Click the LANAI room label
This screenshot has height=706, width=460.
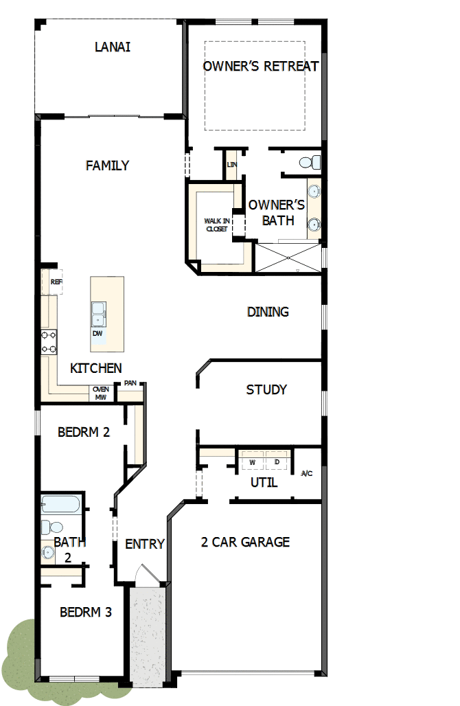pyautogui.click(x=113, y=47)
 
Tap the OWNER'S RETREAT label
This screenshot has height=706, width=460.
pyautogui.click(x=261, y=66)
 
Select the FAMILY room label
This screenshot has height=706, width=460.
pyautogui.click(x=107, y=166)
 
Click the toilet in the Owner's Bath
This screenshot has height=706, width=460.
pyautogui.click(x=310, y=163)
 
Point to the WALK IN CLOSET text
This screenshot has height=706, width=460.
pyautogui.click(x=216, y=225)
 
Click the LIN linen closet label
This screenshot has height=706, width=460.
pyautogui.click(x=231, y=165)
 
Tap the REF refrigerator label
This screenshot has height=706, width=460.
pyautogui.click(x=56, y=282)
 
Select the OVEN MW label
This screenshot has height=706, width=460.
pyautogui.click(x=100, y=393)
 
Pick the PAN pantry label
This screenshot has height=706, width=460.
pyautogui.click(x=130, y=384)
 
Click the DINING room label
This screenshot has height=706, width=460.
pyautogui.click(x=268, y=312)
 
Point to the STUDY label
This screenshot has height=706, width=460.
pyautogui.click(x=266, y=390)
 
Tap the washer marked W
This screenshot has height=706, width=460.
pyautogui.click(x=252, y=462)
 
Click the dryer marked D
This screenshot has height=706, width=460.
pyautogui.click(x=277, y=462)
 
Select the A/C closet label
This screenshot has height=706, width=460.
pyautogui.click(x=308, y=473)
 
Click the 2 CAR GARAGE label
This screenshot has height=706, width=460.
pyautogui.click(x=245, y=542)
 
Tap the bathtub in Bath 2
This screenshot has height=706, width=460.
pyautogui.click(x=61, y=505)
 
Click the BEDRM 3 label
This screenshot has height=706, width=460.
pyautogui.click(x=86, y=612)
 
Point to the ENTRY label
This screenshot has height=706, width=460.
pyautogui.click(x=145, y=544)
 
